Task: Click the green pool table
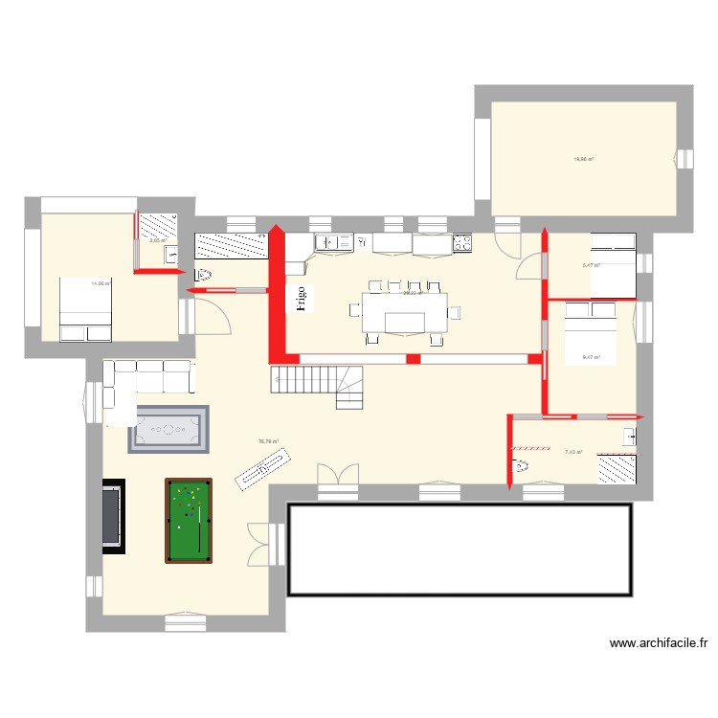[189, 521]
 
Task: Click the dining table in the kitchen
[403, 311]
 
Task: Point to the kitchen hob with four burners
[462, 243]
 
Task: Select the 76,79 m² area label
[268, 441]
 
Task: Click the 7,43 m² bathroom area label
[574, 452]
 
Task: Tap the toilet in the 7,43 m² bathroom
[521, 466]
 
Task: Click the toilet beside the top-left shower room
[203, 275]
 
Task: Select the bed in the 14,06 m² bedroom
[86, 309]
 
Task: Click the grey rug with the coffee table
[169, 429]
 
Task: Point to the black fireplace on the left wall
[114, 517]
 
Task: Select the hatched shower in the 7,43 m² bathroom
[617, 468]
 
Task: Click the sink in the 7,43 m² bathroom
[631, 436]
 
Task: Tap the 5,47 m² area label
[591, 265]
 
